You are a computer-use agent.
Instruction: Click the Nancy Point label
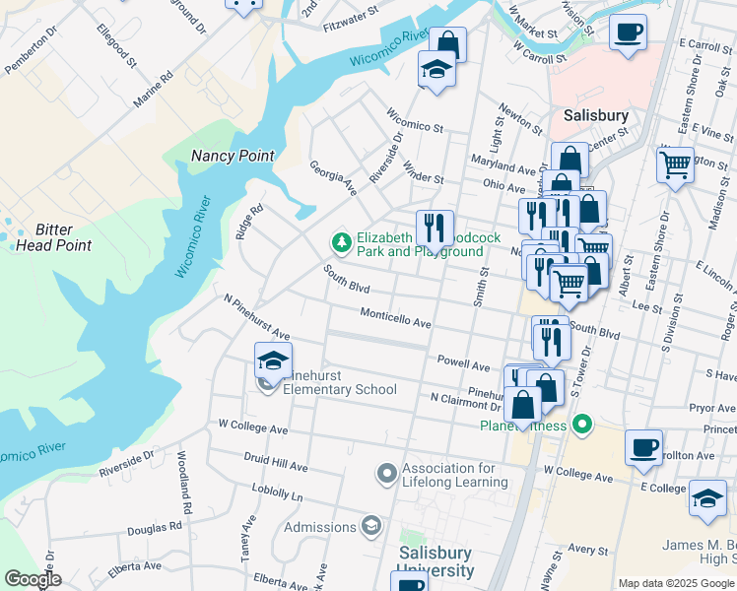[233, 156]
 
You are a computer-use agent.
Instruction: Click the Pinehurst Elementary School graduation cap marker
[273, 361]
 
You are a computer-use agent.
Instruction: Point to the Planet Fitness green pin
[582, 426]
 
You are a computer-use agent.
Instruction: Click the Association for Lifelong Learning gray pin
[386, 475]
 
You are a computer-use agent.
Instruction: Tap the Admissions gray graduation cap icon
[370, 526]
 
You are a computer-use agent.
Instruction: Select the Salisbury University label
[435, 561]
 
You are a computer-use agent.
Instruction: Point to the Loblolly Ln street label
[277, 496]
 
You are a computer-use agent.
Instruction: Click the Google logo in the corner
[33, 579]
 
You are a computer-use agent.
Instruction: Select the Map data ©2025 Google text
[675, 583]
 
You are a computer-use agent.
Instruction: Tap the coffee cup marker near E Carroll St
[628, 33]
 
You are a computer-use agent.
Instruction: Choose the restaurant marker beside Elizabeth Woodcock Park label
[434, 229]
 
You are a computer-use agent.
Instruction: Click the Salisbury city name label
[595, 115]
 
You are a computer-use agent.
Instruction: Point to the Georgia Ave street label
[333, 178]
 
